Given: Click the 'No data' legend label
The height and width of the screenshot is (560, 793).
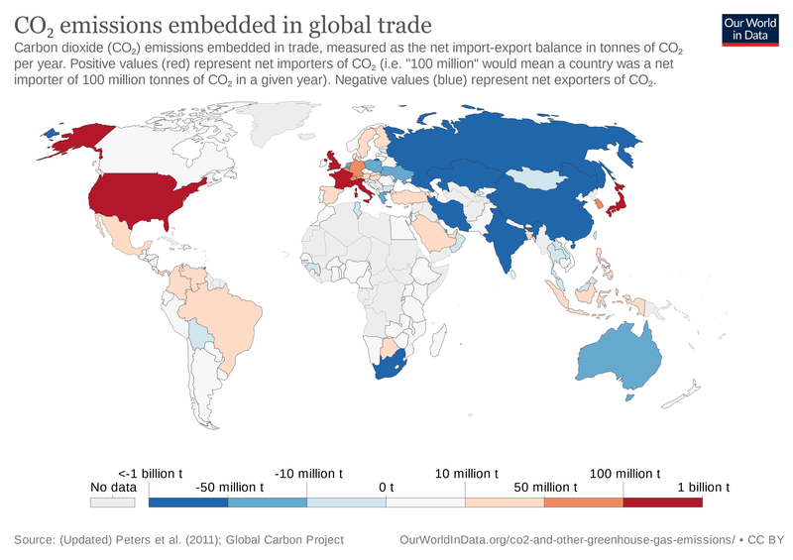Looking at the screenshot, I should [112, 487].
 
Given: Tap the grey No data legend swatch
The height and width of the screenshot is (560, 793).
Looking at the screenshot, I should [112, 503].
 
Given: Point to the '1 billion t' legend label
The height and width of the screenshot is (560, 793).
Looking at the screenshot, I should [702, 487].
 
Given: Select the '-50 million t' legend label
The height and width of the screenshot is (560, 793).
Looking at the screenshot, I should [229, 487].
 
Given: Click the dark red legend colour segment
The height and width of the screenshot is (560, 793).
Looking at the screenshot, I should [662, 503].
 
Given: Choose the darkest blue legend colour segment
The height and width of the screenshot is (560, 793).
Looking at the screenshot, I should [187, 503].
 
